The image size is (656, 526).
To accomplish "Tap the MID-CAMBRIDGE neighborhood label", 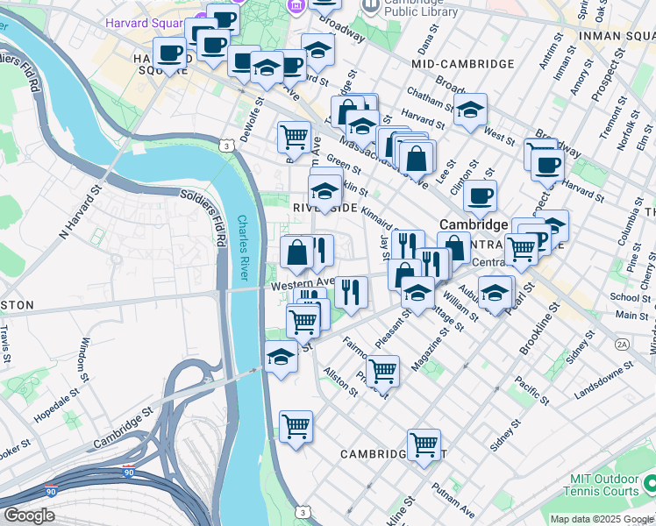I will (462, 64).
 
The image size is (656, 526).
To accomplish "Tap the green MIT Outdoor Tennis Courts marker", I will (650, 483).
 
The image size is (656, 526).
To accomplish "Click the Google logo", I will (29, 515).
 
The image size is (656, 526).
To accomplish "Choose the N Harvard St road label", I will (81, 210).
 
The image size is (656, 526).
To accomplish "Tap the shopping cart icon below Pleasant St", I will (382, 371).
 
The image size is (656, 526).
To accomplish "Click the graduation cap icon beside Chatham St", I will (470, 110).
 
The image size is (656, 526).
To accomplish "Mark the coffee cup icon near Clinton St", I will (480, 196).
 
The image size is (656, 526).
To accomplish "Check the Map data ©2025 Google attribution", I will (601, 519).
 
